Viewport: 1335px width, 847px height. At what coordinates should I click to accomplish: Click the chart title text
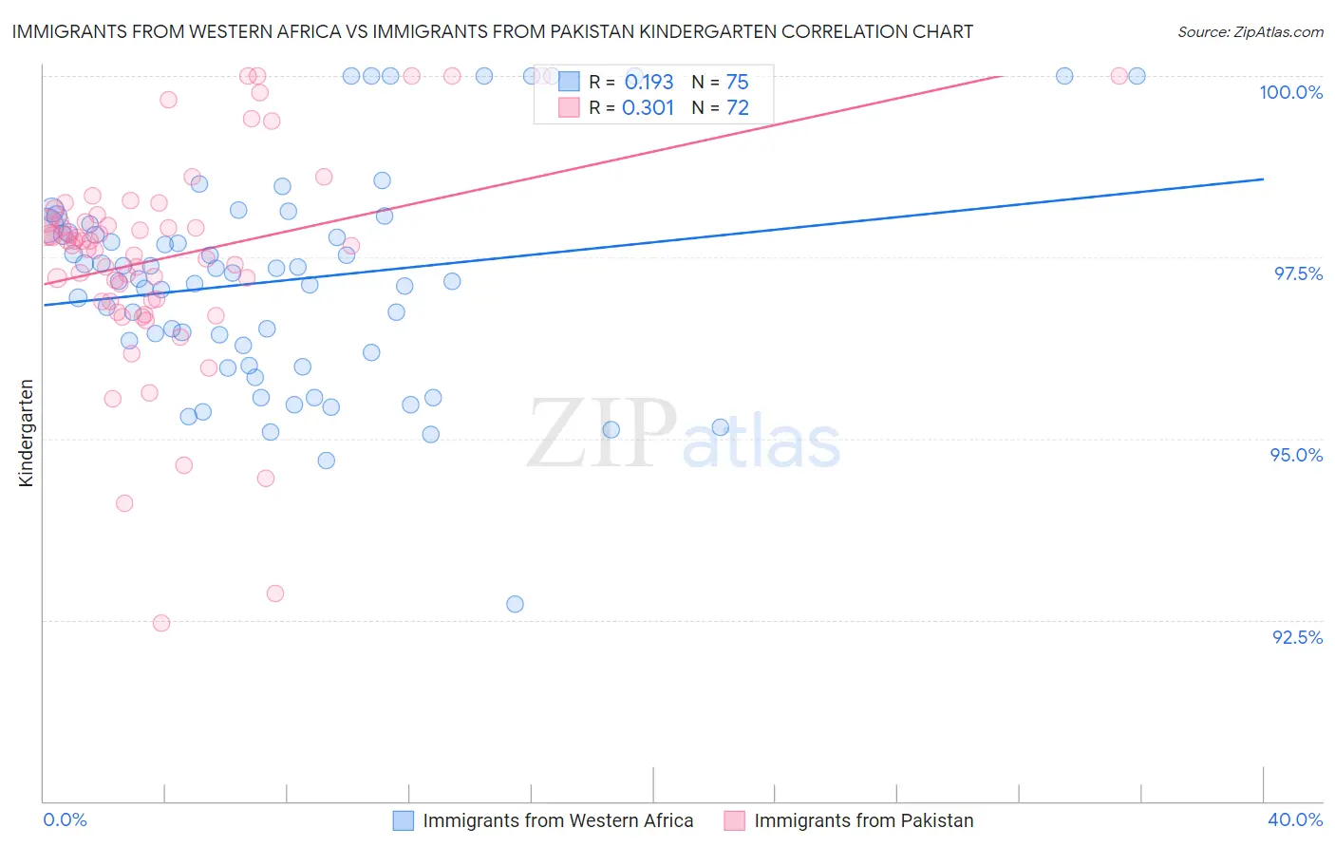[x=492, y=31]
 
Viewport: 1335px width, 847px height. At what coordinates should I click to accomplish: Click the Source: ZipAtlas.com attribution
[x=1250, y=31]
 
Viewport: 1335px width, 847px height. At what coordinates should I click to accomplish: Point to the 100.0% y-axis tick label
[x=1290, y=92]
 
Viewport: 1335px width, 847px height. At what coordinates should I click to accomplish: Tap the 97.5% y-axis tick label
[x=1298, y=273]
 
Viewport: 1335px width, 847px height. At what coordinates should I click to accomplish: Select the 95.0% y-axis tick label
[x=1296, y=455]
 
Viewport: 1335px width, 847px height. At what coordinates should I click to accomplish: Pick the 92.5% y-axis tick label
[x=1297, y=637]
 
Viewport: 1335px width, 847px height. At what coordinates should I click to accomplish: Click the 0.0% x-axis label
[x=65, y=819]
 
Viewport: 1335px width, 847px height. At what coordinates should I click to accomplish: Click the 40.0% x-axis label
[x=1295, y=819]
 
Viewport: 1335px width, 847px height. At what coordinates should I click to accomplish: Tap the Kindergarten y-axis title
[x=26, y=433]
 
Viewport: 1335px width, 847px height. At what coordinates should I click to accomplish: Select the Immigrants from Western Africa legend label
[x=557, y=820]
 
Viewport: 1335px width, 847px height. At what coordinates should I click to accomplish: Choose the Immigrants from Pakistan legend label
[x=863, y=820]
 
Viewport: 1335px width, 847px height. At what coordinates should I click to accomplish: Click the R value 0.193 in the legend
[x=649, y=83]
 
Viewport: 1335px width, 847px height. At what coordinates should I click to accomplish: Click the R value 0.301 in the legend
[x=648, y=108]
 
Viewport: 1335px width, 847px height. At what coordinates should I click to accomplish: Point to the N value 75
[x=737, y=83]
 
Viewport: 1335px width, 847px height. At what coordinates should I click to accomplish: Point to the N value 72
[x=737, y=108]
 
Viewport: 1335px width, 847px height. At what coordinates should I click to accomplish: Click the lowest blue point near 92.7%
[x=515, y=604]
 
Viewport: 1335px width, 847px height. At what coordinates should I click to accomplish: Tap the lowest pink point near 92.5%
[x=161, y=623]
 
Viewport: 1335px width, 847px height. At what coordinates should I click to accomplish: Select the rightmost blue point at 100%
[x=1137, y=76]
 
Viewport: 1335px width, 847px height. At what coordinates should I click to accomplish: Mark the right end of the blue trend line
[x=1263, y=179]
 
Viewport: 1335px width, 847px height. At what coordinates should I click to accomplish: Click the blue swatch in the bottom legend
[x=403, y=820]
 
